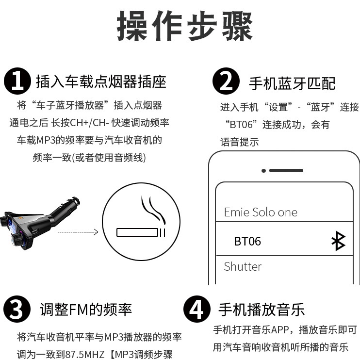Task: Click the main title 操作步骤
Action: [x=185, y=26]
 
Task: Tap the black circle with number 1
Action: [x=17, y=81]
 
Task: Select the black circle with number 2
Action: [x=226, y=81]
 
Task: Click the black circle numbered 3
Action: [x=17, y=309]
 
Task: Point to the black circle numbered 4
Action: [x=197, y=309]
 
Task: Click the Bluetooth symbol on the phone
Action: [x=338, y=241]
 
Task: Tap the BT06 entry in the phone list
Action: [x=247, y=241]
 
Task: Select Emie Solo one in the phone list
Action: [x=261, y=212]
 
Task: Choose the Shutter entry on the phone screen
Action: [x=243, y=266]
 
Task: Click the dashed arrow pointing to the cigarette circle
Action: [x=78, y=232]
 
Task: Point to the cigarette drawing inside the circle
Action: [x=141, y=232]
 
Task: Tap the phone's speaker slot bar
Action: [x=286, y=171]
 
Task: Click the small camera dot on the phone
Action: [x=263, y=171]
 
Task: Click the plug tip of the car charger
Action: [x=75, y=200]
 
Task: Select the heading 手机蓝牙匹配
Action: [x=292, y=83]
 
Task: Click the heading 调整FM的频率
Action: [x=86, y=310]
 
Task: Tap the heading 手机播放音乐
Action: [x=262, y=310]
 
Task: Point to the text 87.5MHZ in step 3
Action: [x=85, y=354]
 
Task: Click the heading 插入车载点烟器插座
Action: [x=101, y=82]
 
